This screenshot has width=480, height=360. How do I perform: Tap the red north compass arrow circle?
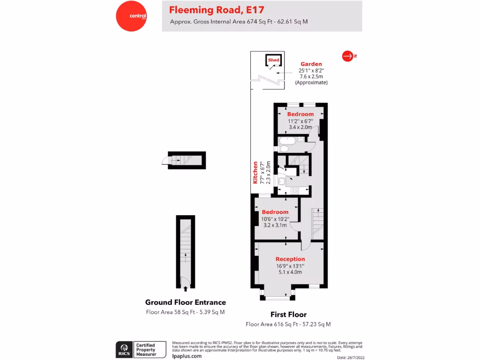[347, 56]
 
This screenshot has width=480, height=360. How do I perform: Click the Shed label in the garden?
[274, 60]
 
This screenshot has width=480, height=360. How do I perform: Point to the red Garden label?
[311, 64]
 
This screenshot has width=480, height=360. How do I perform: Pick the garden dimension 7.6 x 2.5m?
[311, 76]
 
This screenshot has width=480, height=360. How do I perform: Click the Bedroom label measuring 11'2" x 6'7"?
[300, 114]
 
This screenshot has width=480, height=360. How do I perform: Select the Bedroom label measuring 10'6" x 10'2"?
[275, 212]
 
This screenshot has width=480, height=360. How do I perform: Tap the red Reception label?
[290, 259]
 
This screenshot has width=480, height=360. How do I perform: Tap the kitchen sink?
[281, 181]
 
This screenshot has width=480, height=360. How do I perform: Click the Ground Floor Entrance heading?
[185, 302]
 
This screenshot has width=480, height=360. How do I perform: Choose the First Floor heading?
[288, 315]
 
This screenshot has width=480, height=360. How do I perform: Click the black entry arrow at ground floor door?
[186, 289]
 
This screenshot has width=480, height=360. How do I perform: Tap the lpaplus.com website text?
[187, 356]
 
